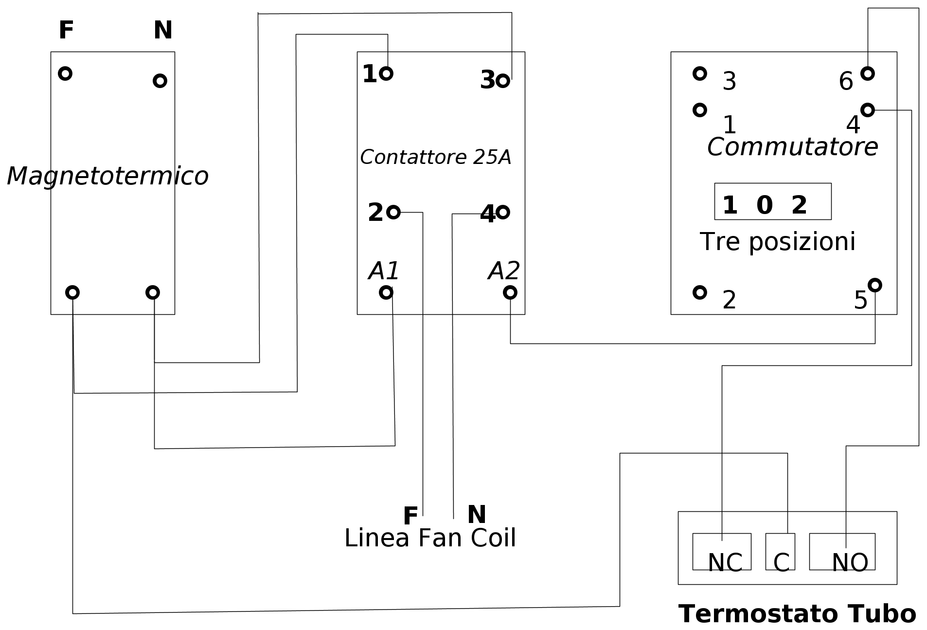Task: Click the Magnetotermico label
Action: pyautogui.click(x=107, y=176)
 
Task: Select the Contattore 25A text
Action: pyautogui.click(x=435, y=157)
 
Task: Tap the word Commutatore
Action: pyautogui.click(x=792, y=147)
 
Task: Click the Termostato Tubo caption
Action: pyautogui.click(x=797, y=613)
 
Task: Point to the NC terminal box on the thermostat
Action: pyautogui.click(x=722, y=552)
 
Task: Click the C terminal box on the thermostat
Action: pyautogui.click(x=780, y=552)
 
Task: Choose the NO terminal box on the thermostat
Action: pyautogui.click(x=842, y=552)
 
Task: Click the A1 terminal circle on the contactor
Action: pyautogui.click(x=386, y=292)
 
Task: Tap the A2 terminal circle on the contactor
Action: pyautogui.click(x=510, y=292)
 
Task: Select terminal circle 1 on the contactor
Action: pyautogui.click(x=386, y=73)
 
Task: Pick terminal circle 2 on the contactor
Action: pyautogui.click(x=393, y=212)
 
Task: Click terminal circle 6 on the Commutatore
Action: pyautogui.click(x=868, y=73)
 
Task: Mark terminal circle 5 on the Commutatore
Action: pyautogui.click(x=874, y=285)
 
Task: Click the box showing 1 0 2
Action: pyautogui.click(x=772, y=201)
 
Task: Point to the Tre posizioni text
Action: pyautogui.click(x=777, y=242)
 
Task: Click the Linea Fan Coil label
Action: pyautogui.click(x=430, y=538)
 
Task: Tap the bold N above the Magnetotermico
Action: pyautogui.click(x=163, y=30)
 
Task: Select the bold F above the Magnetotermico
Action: pyautogui.click(x=66, y=30)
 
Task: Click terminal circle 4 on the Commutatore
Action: pyautogui.click(x=868, y=110)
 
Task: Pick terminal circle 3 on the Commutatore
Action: pyautogui.click(x=700, y=73)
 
